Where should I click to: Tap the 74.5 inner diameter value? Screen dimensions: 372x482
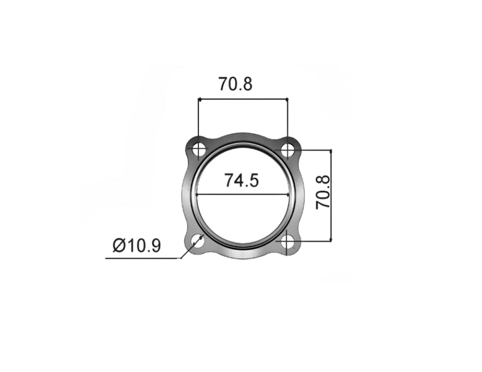pos(241,180)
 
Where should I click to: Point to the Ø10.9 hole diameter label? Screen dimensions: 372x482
pos(137,245)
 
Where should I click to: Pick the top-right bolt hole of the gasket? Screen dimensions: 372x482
pos(287,150)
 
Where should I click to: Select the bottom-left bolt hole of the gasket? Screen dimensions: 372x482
pos(199,243)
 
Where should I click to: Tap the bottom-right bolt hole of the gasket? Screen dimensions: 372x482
pos(287,243)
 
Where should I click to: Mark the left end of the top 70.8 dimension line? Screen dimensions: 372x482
pos(199,99)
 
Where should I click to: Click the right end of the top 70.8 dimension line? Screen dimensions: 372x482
pos(287,99)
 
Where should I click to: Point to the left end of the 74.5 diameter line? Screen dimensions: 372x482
pos(197,194)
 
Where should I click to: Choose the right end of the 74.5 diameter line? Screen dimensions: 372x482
pos(289,194)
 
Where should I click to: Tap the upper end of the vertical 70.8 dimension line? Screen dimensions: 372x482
pos(331,151)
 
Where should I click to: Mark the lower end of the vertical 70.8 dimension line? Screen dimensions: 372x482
pos(331,242)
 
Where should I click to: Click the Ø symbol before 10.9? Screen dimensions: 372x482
pos(119,245)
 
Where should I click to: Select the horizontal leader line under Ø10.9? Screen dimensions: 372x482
pos(141,258)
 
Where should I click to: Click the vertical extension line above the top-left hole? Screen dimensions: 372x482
pos(199,122)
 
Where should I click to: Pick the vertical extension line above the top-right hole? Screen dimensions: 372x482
pos(287,122)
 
